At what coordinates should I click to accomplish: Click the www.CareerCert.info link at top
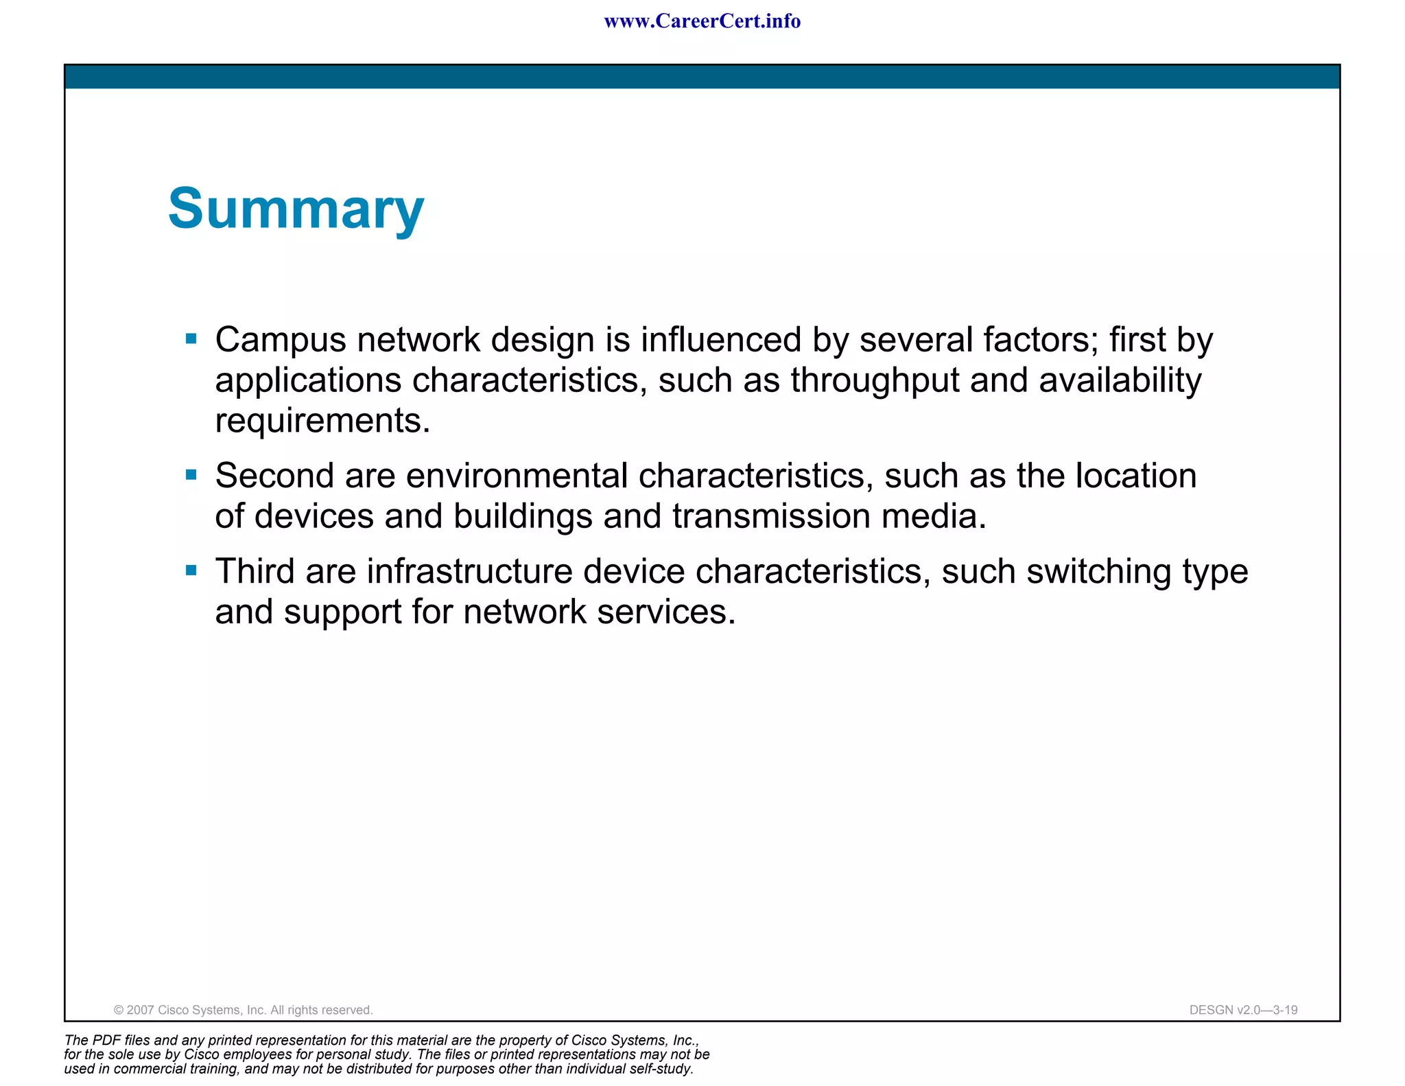click(702, 21)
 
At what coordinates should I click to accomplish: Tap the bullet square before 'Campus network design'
click(191, 338)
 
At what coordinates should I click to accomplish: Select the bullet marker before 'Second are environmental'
click(191, 474)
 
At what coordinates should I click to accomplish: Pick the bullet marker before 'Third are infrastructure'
click(191, 570)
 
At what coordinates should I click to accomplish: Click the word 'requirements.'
click(322, 420)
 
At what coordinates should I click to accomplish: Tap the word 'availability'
click(1120, 380)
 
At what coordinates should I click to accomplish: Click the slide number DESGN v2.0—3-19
click(1243, 1010)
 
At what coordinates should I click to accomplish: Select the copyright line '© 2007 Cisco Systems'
click(243, 1010)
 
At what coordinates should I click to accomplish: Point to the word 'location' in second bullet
click(1135, 476)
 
